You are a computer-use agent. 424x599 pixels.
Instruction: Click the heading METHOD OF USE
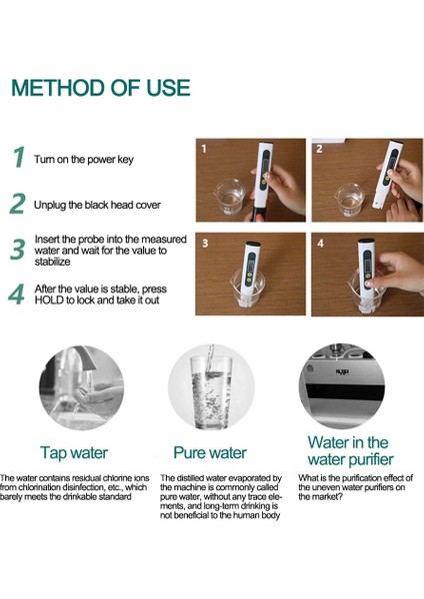click(101, 88)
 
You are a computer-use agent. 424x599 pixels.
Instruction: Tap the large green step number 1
click(19, 157)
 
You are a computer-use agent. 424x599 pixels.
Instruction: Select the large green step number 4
click(16, 295)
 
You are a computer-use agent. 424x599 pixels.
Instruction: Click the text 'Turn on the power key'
click(84, 160)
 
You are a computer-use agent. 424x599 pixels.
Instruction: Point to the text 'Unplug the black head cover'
click(97, 205)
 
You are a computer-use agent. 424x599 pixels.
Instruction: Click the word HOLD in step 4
click(49, 300)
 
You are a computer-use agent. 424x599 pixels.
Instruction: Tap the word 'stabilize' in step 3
click(52, 262)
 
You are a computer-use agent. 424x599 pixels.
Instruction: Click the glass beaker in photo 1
click(230, 197)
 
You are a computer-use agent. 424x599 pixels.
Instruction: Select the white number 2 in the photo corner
click(319, 149)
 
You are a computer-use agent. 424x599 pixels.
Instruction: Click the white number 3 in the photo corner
click(205, 244)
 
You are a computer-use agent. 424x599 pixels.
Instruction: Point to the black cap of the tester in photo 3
click(253, 244)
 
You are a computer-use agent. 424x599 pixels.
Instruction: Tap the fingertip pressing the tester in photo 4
click(368, 284)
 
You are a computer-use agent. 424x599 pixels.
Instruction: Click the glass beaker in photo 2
click(349, 200)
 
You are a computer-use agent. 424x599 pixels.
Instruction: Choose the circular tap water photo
click(82, 387)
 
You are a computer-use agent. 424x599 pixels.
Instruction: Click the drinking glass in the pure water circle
click(211, 392)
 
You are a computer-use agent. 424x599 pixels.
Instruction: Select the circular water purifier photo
click(341, 385)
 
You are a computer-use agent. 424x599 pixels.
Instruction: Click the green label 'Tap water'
click(74, 453)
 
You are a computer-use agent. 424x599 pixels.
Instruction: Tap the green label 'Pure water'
click(210, 452)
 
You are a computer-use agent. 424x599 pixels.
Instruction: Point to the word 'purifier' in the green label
click(365, 459)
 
